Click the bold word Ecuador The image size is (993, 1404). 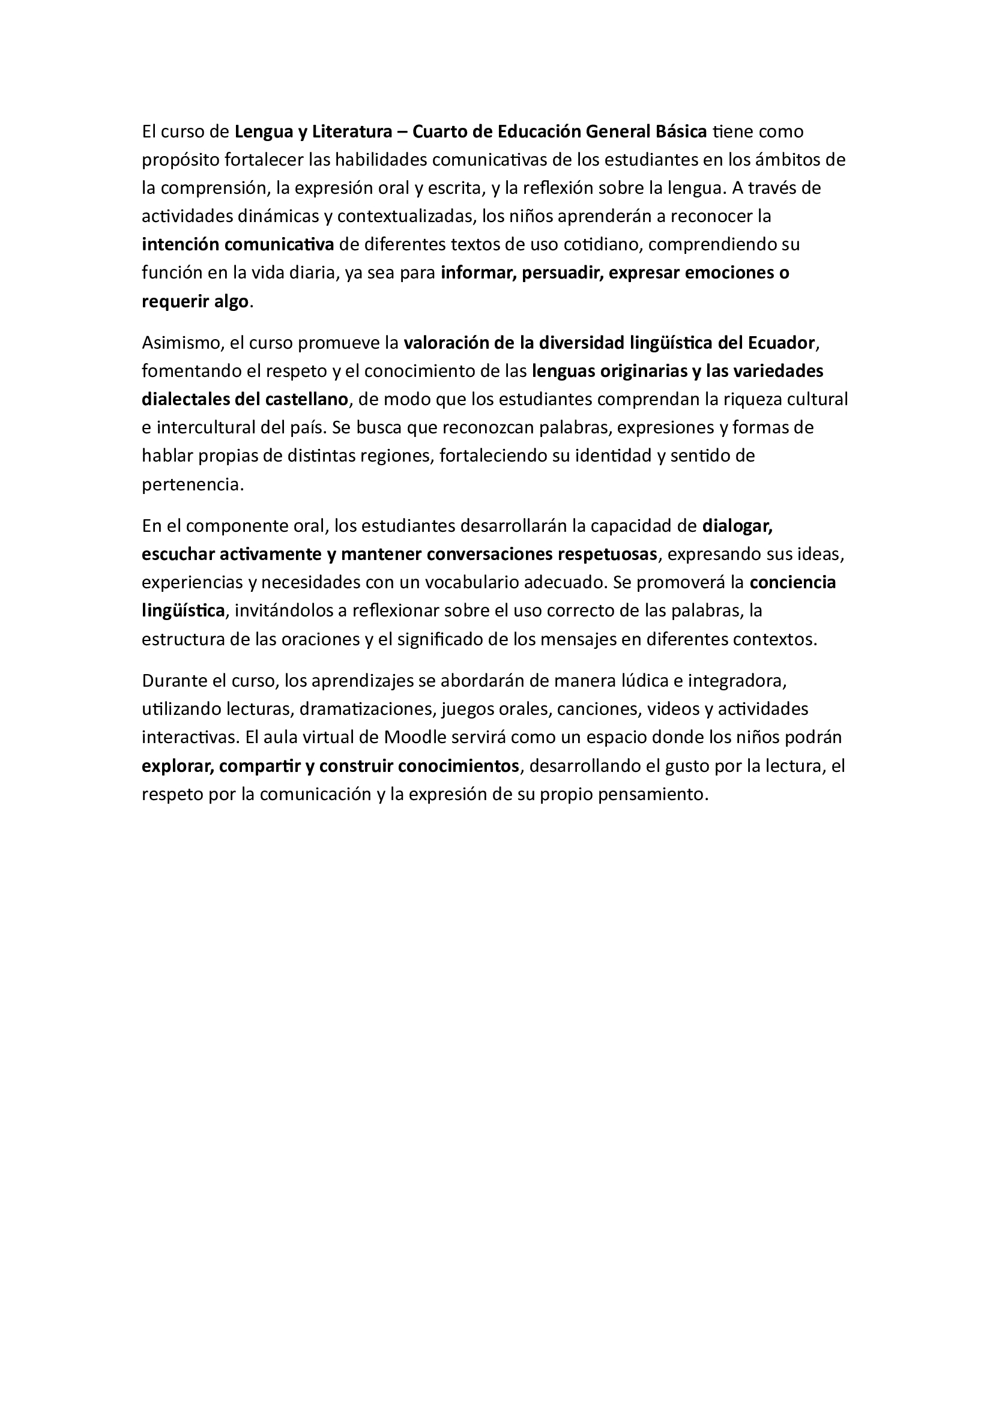pos(782,343)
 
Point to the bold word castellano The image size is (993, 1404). pos(306,399)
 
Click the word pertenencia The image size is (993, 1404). pos(192,485)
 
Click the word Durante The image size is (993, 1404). pos(175,681)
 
